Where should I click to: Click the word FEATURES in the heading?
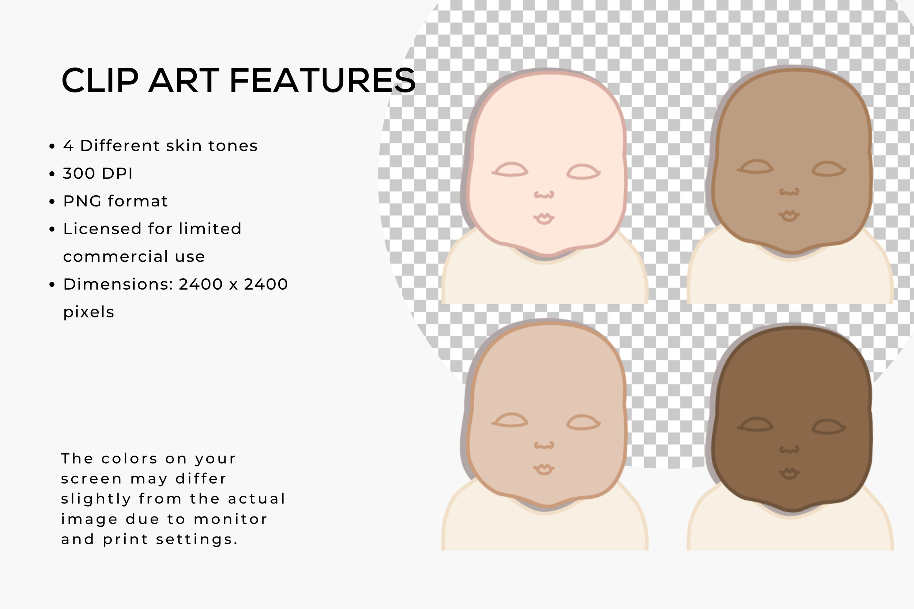(x=322, y=80)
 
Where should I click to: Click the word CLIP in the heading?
(x=100, y=80)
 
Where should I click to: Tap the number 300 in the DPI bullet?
(x=79, y=173)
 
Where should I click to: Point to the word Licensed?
(x=101, y=229)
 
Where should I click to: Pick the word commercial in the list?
(x=115, y=257)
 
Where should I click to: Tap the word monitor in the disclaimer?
(x=230, y=519)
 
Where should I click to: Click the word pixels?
(x=88, y=312)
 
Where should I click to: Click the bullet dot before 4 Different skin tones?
(x=52, y=146)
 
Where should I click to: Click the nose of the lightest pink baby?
(x=544, y=195)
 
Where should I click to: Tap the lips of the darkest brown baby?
(x=789, y=473)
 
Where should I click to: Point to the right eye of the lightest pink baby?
(x=583, y=172)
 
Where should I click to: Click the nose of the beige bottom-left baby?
(x=544, y=445)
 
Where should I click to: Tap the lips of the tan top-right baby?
(x=789, y=216)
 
